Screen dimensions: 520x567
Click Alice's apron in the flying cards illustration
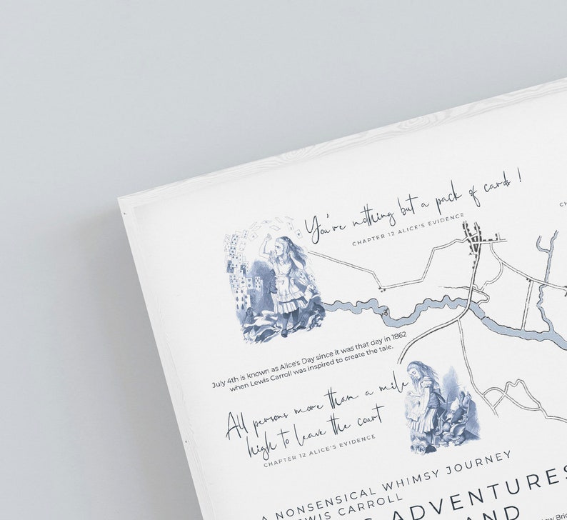288,286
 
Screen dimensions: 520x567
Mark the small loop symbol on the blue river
386,311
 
